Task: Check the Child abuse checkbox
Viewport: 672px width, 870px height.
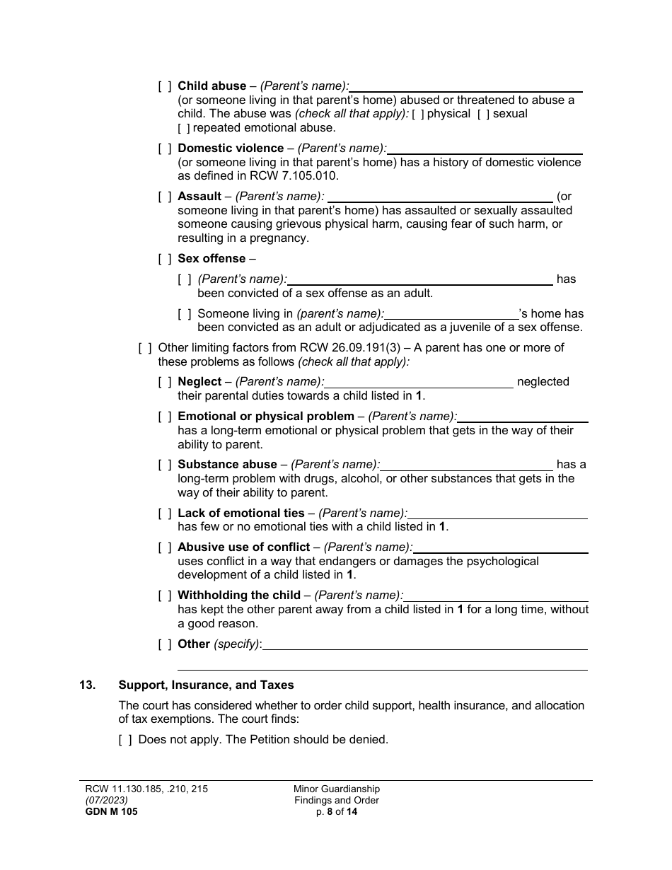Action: click(164, 86)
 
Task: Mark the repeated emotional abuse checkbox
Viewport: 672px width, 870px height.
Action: click(184, 128)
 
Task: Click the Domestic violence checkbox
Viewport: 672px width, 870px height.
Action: click(164, 149)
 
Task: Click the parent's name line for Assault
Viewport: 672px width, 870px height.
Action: click(440, 197)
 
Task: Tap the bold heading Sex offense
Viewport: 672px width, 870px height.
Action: click(212, 259)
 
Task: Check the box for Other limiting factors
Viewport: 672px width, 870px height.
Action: click(144, 348)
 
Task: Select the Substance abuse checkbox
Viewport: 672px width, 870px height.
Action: click(164, 465)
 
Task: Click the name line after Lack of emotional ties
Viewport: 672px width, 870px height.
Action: click(497, 514)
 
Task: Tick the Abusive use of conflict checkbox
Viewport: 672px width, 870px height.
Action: click(164, 547)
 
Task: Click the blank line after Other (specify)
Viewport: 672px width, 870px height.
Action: click(424, 644)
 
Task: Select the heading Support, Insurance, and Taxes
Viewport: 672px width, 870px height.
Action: click(206, 685)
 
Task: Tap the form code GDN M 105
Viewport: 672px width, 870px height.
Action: click(111, 812)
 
